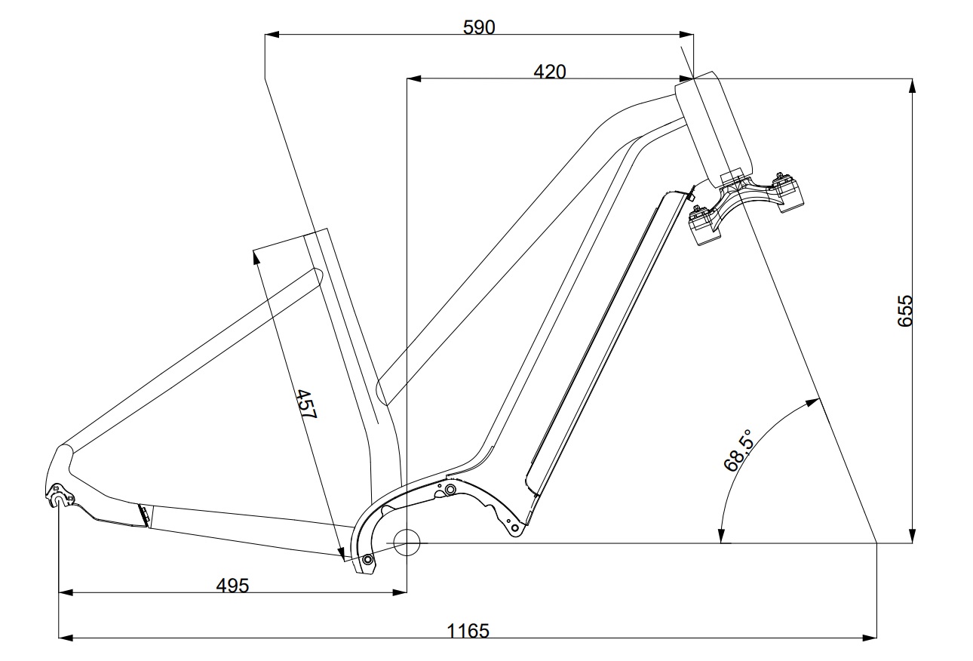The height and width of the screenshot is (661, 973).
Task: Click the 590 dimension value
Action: [x=479, y=28]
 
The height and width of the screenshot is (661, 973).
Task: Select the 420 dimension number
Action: [x=549, y=72]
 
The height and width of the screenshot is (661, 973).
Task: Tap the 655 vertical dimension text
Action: [x=904, y=310]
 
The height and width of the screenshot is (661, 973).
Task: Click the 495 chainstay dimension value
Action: [x=232, y=586]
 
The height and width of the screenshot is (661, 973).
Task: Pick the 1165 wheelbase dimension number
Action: [x=468, y=631]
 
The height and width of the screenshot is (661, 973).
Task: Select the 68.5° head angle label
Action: [x=738, y=451]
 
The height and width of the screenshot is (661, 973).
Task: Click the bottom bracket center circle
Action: [x=406, y=541]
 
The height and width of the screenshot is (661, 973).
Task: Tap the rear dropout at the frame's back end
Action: [x=58, y=494]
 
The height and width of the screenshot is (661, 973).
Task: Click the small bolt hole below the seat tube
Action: [x=367, y=559]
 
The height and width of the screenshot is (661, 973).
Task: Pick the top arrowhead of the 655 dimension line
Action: [x=913, y=84]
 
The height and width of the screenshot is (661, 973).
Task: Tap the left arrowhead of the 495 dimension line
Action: [x=65, y=593]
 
